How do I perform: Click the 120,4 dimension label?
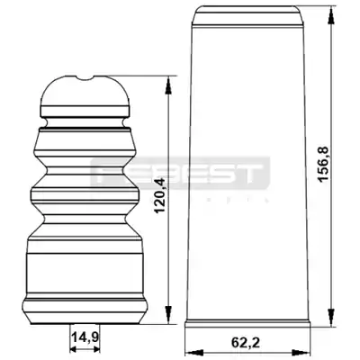pos(160,195)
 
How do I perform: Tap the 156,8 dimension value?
pos(324,163)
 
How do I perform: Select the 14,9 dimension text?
pos(85,337)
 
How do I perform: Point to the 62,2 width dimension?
pos(246,343)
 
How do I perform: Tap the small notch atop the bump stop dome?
pos(85,78)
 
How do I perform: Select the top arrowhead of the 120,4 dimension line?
pos(169,85)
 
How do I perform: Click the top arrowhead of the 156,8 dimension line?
pos(331,14)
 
